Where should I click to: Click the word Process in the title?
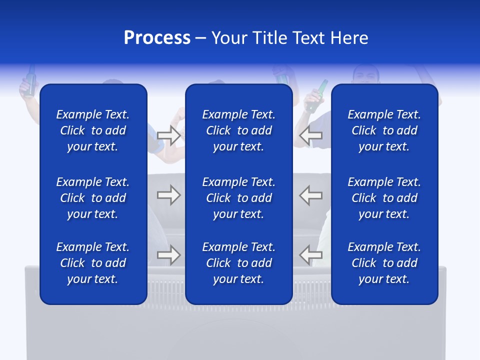(157, 38)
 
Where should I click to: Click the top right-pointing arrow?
(168, 135)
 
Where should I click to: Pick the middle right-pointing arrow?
(168, 195)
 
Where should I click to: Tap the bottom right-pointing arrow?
(168, 255)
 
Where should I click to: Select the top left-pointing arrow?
(311, 135)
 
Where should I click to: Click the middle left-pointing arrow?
(311, 195)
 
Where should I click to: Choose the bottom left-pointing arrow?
(311, 255)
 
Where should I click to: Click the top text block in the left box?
(93, 130)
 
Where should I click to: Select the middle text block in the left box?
(93, 198)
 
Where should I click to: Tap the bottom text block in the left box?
(93, 263)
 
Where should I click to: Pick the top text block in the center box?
(238, 130)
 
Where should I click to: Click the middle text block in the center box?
(238, 198)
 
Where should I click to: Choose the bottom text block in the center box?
(238, 263)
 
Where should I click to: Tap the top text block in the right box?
(384, 130)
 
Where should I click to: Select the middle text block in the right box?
(384, 198)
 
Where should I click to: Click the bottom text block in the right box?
(384, 263)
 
